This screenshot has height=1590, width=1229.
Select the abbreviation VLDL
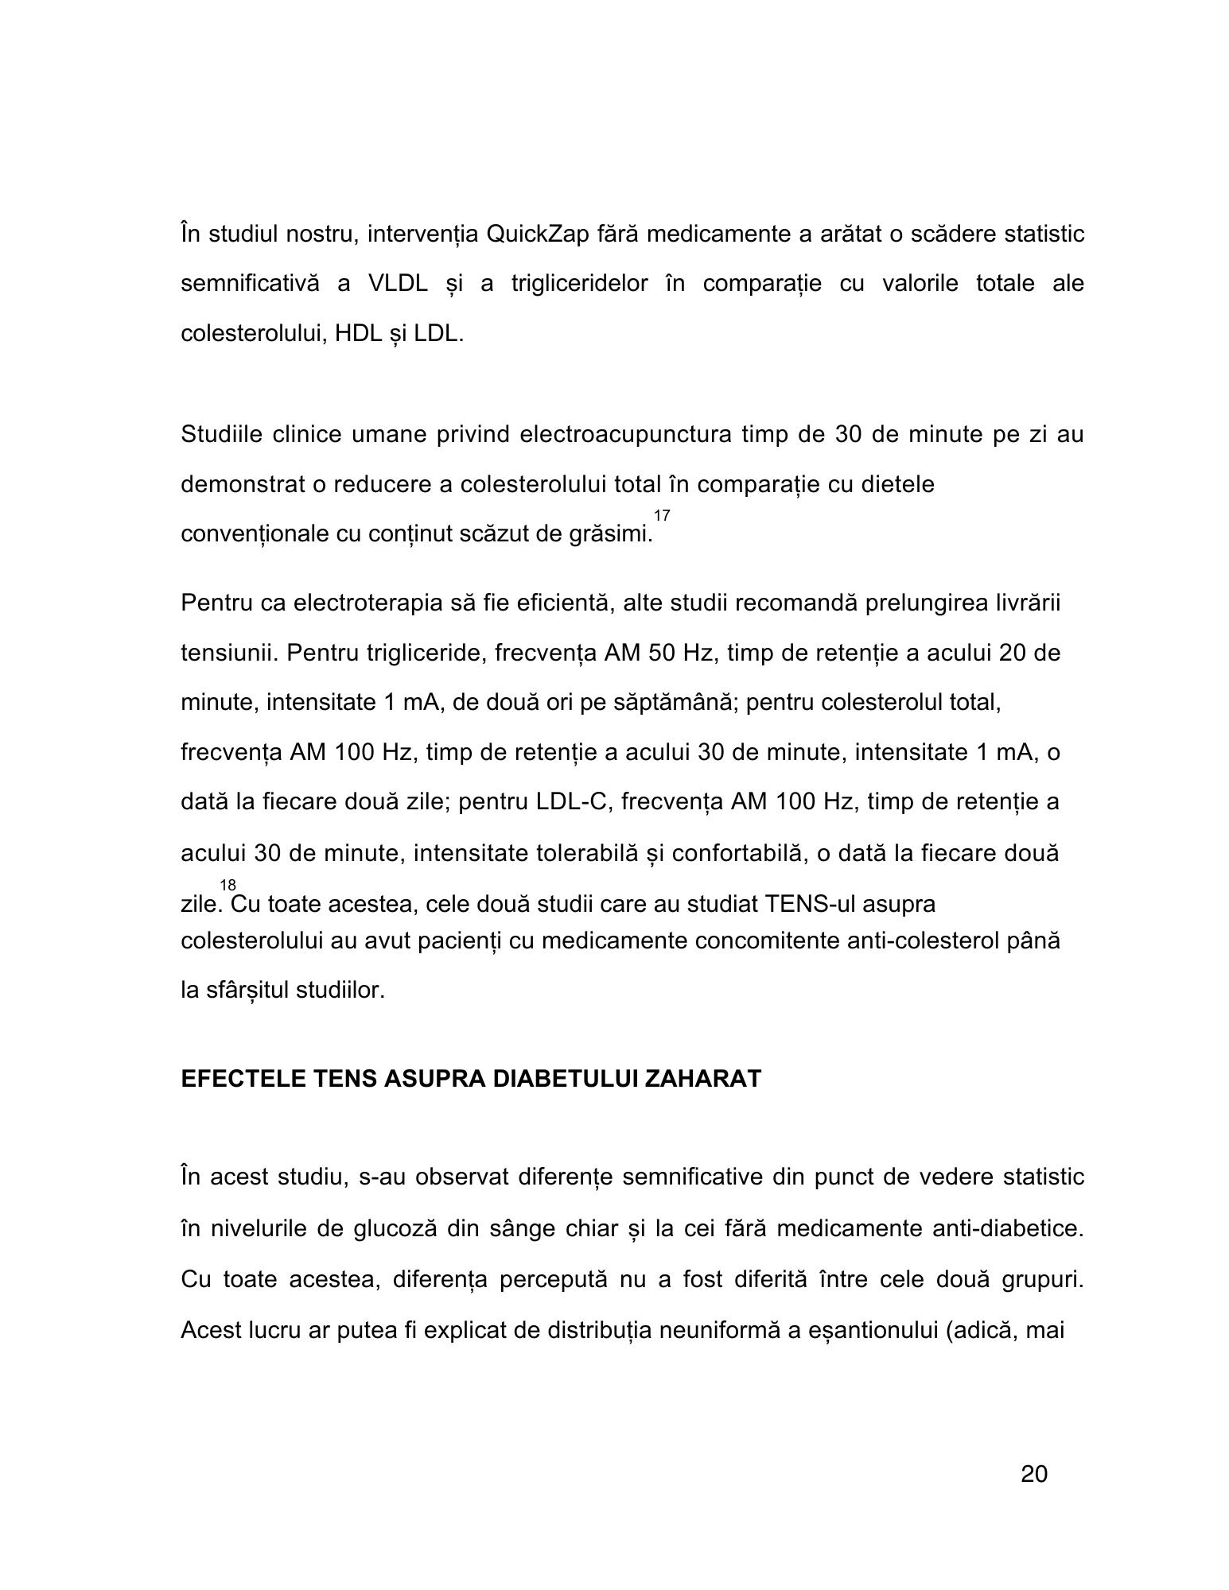[399, 284]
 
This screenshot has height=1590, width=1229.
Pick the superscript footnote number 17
[662, 516]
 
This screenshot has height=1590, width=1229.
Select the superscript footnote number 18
[228, 885]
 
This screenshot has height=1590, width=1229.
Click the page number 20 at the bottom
[1033, 1475]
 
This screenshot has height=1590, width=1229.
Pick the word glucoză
[391, 1228]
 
